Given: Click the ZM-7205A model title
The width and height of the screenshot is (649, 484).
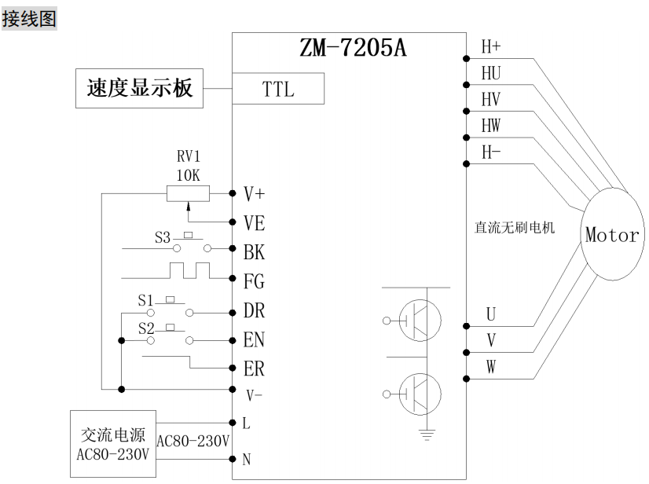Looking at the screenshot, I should [354, 49].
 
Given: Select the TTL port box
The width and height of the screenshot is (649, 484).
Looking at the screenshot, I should [277, 89].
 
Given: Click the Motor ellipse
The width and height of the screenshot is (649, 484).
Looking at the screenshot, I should [611, 234].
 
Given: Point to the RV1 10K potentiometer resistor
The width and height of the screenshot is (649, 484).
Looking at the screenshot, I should [188, 192].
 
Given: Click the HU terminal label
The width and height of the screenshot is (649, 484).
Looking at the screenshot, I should [491, 73].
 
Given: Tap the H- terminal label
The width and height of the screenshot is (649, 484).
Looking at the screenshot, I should [490, 153].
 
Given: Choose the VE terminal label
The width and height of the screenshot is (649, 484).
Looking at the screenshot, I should [254, 222].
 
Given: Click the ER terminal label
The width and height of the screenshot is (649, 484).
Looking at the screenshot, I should [254, 368].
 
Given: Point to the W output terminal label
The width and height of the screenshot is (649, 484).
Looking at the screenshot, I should [490, 367].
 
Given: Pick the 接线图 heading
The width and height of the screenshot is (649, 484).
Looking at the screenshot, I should [30, 18].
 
